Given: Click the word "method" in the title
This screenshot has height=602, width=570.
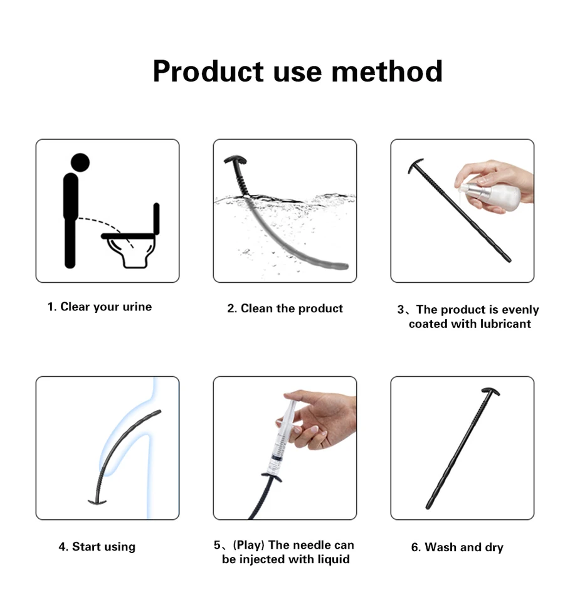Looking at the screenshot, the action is point(387,71).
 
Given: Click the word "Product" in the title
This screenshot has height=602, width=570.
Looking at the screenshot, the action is point(208,71).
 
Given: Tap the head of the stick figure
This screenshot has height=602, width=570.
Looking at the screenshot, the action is point(80,162).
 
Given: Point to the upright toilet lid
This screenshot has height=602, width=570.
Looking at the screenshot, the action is point(156,218).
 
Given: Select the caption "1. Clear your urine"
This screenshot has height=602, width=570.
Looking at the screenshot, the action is point(100,307).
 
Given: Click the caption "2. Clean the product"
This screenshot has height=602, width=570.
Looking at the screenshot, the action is point(285,309).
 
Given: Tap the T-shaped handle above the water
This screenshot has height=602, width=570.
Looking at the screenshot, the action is point(235,159).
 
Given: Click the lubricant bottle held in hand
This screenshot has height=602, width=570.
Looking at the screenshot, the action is point(491,193).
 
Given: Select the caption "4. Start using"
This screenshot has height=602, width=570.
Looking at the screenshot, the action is point(97,546).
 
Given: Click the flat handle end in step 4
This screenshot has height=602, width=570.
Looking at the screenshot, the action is point(97,502).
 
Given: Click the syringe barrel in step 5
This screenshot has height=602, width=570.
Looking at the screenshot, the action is point(282,441).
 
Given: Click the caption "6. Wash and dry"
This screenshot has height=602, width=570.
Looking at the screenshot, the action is point(457,547).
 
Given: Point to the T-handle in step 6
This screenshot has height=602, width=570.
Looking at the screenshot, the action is point(490,391).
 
